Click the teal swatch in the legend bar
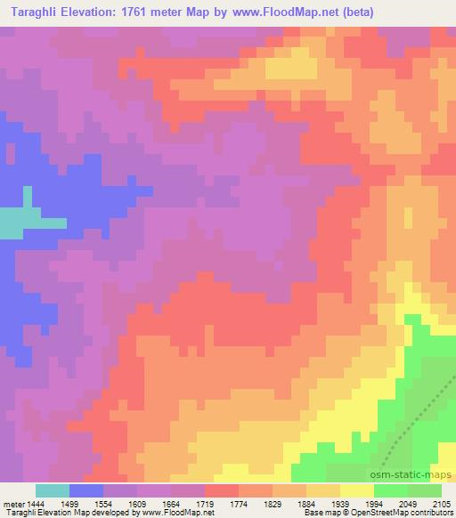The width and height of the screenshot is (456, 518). click(52, 490)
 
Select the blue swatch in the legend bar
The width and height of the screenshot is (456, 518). click(85, 490)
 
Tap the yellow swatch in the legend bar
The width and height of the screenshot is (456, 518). click(356, 490)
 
